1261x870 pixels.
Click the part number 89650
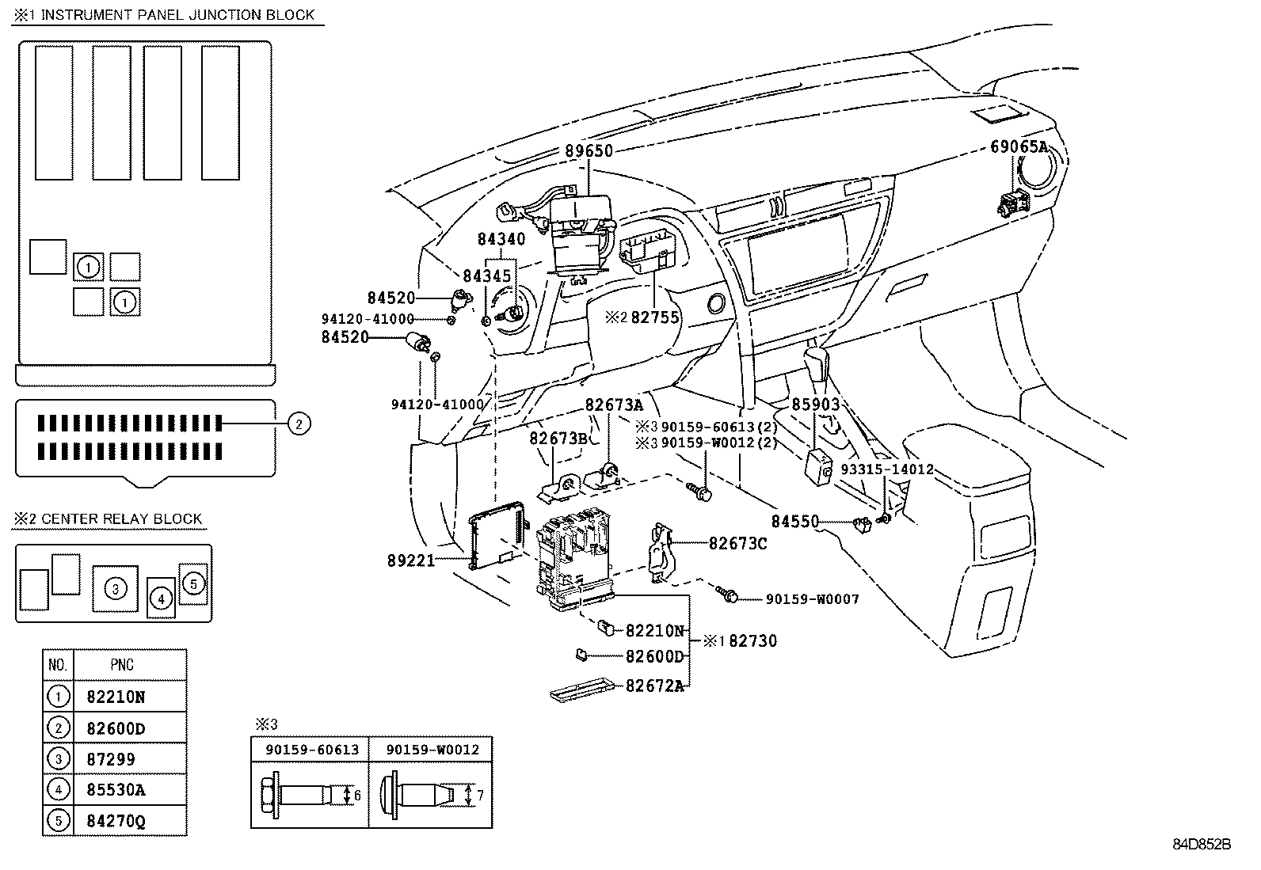(x=589, y=150)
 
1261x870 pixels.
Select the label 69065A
(x=1019, y=146)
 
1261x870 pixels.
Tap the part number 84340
(x=501, y=238)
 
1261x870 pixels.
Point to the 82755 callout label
(x=654, y=317)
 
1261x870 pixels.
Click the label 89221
(x=411, y=560)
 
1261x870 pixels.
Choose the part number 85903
(x=816, y=405)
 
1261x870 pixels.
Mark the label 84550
(x=795, y=522)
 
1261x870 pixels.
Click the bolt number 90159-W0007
(x=812, y=599)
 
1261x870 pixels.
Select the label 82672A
(x=654, y=686)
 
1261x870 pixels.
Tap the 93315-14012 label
(x=887, y=469)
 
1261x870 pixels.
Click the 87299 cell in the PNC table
(x=111, y=759)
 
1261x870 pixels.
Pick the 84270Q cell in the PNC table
(x=116, y=821)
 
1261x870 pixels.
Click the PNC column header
(x=122, y=665)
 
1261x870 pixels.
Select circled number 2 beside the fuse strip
(x=298, y=424)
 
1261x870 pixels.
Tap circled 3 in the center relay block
(x=116, y=588)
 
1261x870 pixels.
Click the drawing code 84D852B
(x=1202, y=845)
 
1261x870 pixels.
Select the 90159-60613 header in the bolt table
(x=312, y=750)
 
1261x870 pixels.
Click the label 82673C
(x=737, y=544)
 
